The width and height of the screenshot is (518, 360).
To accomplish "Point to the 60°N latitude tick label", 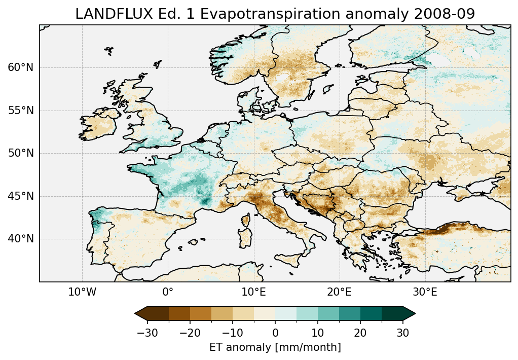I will coord(20,67).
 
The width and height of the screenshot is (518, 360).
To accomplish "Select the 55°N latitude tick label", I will coord(20,111).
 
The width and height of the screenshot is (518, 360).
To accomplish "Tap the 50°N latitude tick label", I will coord(20,153).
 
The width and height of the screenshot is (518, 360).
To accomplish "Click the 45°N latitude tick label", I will coord(20,196).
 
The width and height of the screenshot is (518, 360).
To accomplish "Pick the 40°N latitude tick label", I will coord(20,239).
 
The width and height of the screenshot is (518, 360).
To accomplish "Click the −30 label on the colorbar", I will coord(147,333).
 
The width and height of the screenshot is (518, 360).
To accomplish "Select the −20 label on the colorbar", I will coord(190,333).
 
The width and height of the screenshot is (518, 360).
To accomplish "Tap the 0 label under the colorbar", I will coord(275,333).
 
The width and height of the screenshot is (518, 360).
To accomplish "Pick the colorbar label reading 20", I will coord(360,333).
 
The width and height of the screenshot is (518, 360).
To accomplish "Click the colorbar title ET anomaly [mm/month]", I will coord(275,347).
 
